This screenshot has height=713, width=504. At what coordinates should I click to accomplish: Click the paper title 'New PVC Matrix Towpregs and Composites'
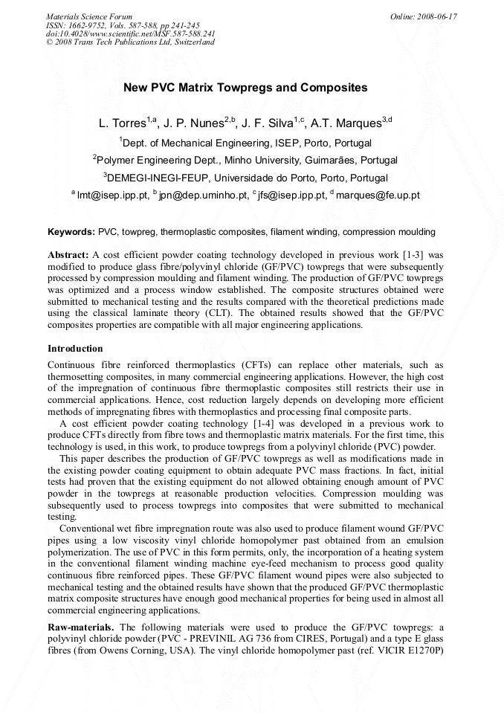pos(245,88)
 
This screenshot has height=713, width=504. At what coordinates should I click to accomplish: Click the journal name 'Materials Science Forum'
pos(89,16)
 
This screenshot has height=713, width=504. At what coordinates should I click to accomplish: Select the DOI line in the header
pos(131,33)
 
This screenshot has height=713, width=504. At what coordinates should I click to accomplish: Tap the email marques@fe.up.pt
pos(378,196)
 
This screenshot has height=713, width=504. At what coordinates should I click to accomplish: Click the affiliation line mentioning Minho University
pos(245,160)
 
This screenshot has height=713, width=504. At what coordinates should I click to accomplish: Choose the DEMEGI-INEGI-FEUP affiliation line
pos(245,178)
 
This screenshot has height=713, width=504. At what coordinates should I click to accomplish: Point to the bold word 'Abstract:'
pos(68,254)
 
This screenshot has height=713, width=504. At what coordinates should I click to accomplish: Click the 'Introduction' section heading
pos(75,349)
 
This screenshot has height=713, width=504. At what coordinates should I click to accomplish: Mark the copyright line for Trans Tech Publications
pos(131,42)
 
